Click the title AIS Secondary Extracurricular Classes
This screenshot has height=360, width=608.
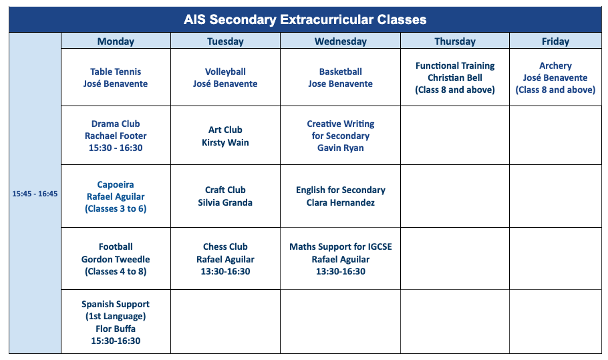305,19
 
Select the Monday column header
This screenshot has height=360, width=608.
116,41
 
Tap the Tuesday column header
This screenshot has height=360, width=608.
225,41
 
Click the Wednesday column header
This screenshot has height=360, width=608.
341,41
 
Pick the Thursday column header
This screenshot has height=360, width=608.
455,41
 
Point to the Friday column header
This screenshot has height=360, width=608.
555,41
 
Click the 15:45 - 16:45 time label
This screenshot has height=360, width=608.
35,194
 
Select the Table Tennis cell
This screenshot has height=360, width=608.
116,77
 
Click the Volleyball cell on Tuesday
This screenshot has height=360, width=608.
225,77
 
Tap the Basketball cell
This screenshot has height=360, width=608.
341,77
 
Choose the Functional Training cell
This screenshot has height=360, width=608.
455,77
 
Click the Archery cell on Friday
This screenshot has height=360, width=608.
555,77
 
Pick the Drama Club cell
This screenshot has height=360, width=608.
116,136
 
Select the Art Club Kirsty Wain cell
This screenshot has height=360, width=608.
225,136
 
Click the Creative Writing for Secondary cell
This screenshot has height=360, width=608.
341,136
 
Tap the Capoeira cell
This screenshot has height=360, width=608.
116,196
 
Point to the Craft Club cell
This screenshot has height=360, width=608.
225,196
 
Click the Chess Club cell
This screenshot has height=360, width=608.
225,258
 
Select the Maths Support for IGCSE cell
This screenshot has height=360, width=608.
341,258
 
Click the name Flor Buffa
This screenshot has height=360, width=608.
116,329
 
